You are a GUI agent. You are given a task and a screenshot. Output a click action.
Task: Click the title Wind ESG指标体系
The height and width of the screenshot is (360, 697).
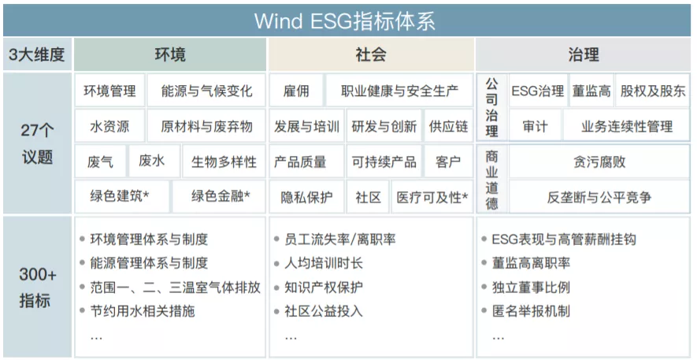(x=344, y=21)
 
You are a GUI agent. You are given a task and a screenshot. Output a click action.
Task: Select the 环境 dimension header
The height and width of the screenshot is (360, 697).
(x=170, y=54)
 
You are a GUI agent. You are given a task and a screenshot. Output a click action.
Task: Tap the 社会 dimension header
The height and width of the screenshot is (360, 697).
(x=371, y=54)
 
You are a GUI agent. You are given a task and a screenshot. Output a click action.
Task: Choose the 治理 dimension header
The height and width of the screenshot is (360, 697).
(x=584, y=54)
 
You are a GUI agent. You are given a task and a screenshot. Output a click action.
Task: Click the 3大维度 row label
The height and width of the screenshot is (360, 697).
(x=37, y=54)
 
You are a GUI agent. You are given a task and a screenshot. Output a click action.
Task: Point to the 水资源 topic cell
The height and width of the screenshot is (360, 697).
(x=109, y=127)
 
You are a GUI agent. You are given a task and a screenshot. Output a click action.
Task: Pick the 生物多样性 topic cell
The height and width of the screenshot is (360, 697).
(x=224, y=161)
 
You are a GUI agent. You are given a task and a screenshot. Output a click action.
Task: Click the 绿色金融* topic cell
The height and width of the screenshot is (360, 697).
(x=220, y=196)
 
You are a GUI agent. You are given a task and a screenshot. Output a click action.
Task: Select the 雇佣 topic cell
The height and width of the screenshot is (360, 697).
(x=296, y=91)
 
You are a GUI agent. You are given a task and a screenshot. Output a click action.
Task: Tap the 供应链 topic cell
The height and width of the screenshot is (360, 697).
(x=448, y=127)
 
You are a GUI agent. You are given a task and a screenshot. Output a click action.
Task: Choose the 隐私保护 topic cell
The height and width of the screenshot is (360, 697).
(x=306, y=197)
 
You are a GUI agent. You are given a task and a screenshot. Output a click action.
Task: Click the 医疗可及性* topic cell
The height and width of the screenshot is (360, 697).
(x=432, y=197)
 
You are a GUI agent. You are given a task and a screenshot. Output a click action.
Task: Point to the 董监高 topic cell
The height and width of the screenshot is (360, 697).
(x=591, y=91)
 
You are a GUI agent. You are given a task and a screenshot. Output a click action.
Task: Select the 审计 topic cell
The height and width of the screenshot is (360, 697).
(x=536, y=127)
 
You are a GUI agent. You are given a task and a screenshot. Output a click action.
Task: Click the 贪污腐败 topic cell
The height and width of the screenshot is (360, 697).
(x=599, y=161)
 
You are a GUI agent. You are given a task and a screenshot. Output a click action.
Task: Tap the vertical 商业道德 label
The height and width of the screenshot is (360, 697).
(x=491, y=179)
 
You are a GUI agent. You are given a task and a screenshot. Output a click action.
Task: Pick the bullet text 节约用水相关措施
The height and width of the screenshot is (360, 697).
(x=143, y=311)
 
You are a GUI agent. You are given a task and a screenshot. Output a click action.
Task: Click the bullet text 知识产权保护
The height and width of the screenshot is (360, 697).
(x=324, y=288)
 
